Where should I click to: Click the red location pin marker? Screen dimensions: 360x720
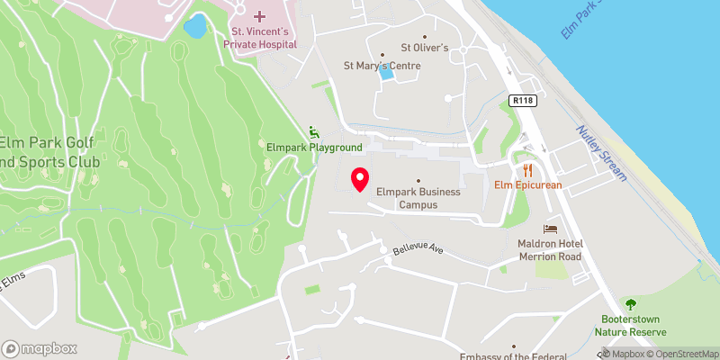pyautogui.click(x=360, y=179)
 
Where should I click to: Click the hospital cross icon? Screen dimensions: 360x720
pyautogui.click(x=260, y=16)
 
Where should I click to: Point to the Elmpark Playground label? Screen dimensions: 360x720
pyautogui.click(x=313, y=148)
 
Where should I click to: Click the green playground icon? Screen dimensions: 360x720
pyautogui.click(x=313, y=131)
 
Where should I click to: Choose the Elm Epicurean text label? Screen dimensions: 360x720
pyautogui.click(x=527, y=185)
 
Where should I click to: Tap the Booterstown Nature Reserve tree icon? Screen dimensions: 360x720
pyautogui.click(x=629, y=304)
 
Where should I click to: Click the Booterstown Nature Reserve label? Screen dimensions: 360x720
pyautogui.click(x=629, y=325)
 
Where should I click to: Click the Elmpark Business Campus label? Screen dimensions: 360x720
pyautogui.click(x=418, y=198)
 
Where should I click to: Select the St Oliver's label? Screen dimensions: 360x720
pyautogui.click(x=424, y=48)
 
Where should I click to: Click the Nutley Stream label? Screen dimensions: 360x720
pyautogui.click(x=602, y=152)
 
